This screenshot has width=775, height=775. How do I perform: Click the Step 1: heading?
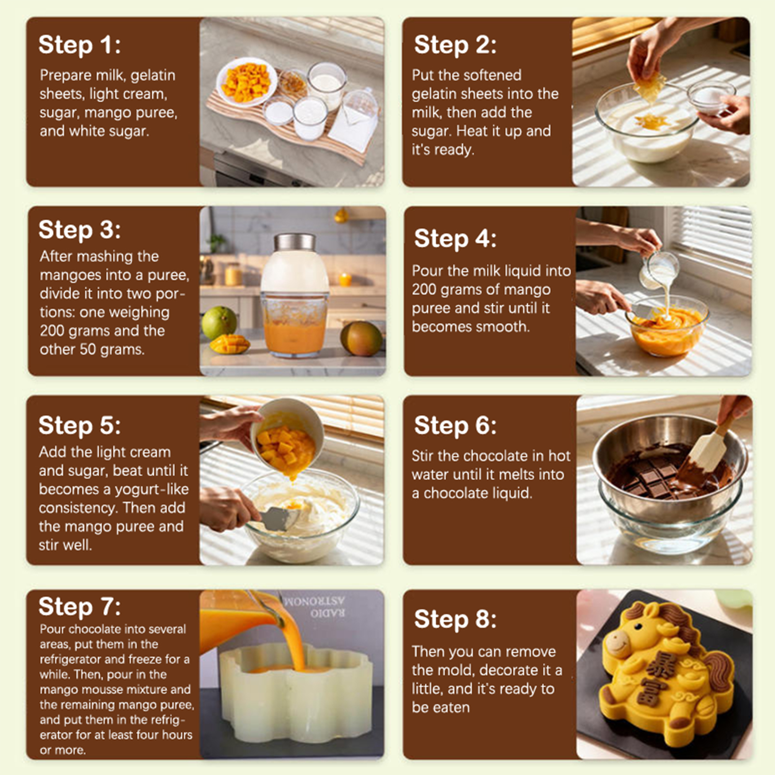79,45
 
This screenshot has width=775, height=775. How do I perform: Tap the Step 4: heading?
455,238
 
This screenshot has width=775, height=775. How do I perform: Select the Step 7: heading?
79,606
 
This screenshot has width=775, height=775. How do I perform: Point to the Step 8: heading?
455,619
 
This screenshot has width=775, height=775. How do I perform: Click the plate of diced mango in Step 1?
247,82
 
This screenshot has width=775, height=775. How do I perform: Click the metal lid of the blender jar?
294,242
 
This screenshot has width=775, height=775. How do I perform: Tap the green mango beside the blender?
219,323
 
